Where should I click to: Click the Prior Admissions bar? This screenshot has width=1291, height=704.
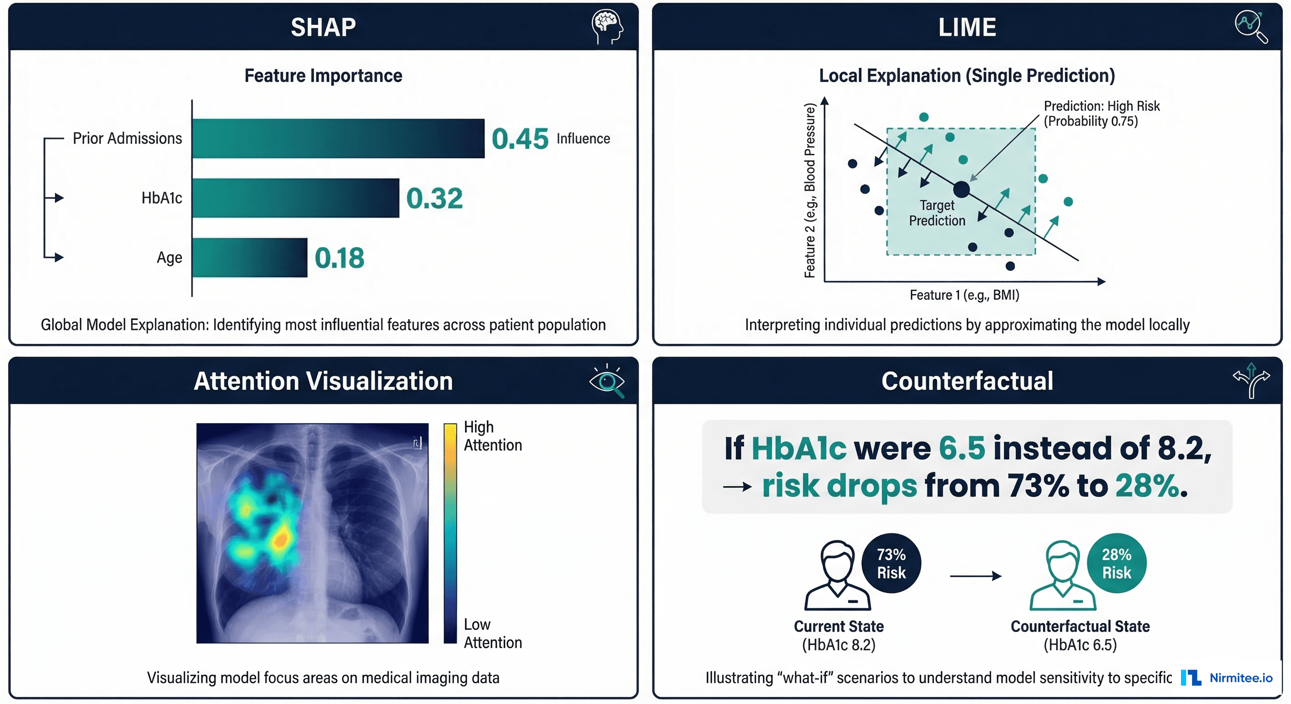click(338, 139)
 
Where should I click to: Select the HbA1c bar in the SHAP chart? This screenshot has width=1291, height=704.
click(296, 198)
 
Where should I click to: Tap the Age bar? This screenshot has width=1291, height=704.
click(249, 258)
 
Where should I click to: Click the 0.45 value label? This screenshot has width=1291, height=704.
click(520, 139)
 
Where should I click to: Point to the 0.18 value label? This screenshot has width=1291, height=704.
click(339, 258)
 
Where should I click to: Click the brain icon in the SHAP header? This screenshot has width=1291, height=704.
click(607, 27)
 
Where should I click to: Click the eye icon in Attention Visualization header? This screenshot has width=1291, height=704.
click(607, 381)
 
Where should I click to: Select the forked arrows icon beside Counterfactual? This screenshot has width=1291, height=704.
click(1251, 381)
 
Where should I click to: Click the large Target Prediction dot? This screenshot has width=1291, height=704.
click(961, 189)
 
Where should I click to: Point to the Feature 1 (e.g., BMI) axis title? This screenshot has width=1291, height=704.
click(964, 295)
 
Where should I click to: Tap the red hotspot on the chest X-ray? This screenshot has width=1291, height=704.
click(281, 539)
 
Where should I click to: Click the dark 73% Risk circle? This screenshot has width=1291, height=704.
click(891, 563)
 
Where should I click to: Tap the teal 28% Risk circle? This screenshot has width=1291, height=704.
click(1116, 563)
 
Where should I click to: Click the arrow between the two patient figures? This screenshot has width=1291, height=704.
click(975, 576)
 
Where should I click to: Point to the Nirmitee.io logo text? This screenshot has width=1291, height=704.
click(1241, 678)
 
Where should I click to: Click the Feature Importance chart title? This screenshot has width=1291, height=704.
click(323, 76)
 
